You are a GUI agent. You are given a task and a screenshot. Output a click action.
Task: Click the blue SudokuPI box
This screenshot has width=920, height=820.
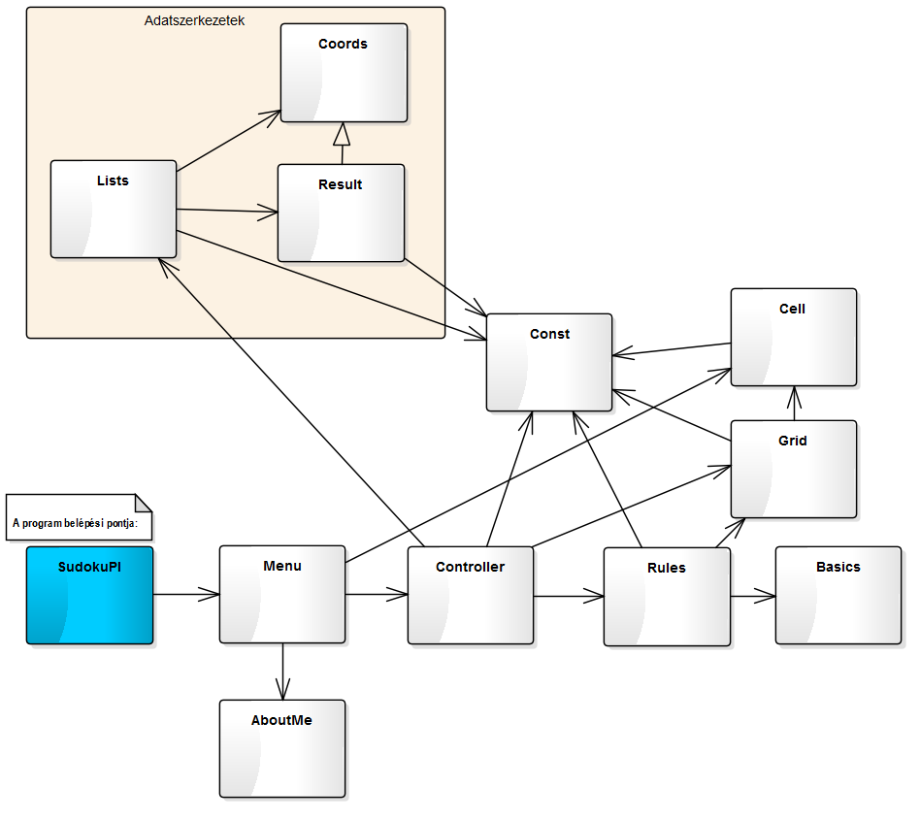pos(89,595)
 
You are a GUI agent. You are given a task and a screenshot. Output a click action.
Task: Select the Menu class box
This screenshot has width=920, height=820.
pos(282,594)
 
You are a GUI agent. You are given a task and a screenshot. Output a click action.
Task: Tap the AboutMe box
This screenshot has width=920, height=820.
pos(282,748)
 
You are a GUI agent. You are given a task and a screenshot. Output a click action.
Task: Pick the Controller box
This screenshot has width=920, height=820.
pos(471,595)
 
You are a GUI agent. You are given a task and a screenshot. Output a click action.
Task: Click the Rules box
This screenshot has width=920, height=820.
pos(667,597)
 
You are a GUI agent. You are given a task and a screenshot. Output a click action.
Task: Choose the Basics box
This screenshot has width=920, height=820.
pos(838,595)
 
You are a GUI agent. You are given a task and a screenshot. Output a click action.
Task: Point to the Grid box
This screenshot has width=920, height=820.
pos(794,469)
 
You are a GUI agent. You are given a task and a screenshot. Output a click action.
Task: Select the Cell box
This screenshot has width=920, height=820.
pos(794,337)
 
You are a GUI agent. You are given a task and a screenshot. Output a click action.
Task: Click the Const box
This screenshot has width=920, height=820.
pos(549,362)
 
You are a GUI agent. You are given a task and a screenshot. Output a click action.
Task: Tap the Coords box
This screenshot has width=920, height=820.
pos(344,73)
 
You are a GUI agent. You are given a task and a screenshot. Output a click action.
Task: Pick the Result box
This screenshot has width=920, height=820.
pos(341,213)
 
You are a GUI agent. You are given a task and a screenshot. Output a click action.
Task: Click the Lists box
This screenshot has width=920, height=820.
pos(114,209)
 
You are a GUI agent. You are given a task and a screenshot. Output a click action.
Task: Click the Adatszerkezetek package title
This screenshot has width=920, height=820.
pos(194,19)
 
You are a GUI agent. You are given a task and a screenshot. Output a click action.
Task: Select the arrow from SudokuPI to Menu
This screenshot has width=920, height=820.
pos(186,594)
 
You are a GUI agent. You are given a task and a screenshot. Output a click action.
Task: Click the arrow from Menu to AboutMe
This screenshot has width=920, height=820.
pos(282,672)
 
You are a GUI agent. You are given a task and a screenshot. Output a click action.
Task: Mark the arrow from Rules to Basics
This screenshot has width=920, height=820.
pos(753,596)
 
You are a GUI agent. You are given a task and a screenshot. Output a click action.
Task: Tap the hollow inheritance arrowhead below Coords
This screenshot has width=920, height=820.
pos(341,134)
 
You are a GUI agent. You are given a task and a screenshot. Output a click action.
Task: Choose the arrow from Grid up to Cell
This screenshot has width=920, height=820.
pos(794,404)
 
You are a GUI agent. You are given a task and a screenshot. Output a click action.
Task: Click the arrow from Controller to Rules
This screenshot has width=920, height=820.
pos(569,596)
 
